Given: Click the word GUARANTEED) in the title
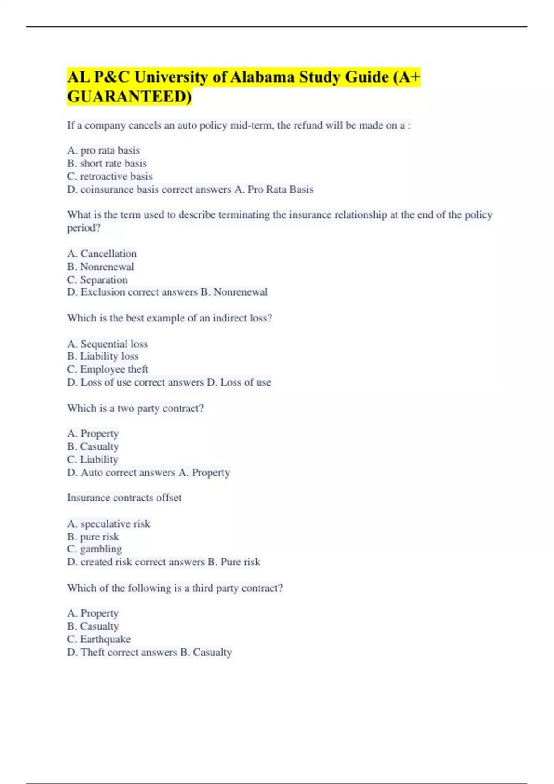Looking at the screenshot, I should (129, 97).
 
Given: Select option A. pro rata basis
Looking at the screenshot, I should (103, 150).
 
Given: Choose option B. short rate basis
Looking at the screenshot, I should (107, 163).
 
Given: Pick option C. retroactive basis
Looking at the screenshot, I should (109, 176).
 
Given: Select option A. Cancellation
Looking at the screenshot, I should (102, 254).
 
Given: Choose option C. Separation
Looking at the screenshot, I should (97, 279).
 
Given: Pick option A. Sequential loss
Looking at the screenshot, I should (108, 344).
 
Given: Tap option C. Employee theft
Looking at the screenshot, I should (108, 369).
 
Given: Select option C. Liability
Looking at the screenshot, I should (93, 459).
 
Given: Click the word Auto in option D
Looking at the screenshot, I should (91, 473).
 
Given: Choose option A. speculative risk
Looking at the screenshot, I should (108, 524).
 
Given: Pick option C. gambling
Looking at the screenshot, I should (95, 549).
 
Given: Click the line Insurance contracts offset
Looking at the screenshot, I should (124, 498).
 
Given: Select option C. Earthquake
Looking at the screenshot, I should (99, 639).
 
